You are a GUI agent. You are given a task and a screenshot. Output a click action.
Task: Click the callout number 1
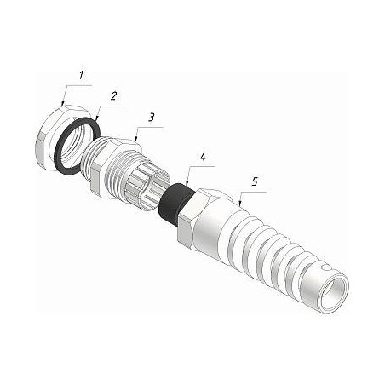pos(82,76)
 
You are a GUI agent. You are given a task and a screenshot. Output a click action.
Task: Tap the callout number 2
pos(113,96)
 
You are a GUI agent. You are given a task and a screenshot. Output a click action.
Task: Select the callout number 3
pos(152,117)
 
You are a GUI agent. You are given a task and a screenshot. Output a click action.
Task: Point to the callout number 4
pos(203,157)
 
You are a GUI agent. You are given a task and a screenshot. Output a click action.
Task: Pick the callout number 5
pos(255,181)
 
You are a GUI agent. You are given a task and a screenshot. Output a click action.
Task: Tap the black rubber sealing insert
pos(175,203)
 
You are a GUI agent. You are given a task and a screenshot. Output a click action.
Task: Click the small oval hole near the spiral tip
pos(325,267)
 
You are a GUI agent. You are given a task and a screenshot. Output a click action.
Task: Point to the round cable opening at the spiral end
pos(334,292)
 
